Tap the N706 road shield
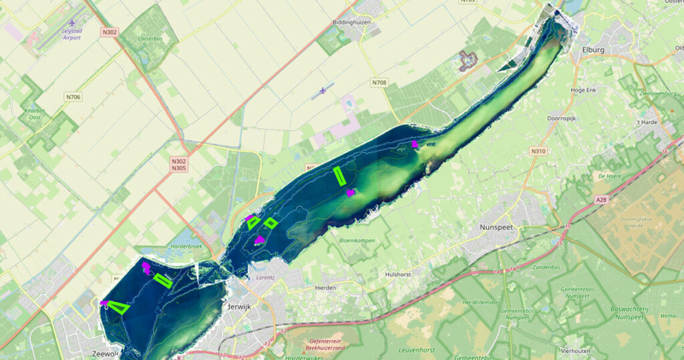point(73,98)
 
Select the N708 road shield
point(379,83)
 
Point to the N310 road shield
point(539,152)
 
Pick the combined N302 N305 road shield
point(178,164)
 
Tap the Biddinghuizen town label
point(351,22)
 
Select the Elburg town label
point(593,49)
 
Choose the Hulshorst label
point(400,274)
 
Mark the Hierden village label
point(325,288)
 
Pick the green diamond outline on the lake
point(271,222)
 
